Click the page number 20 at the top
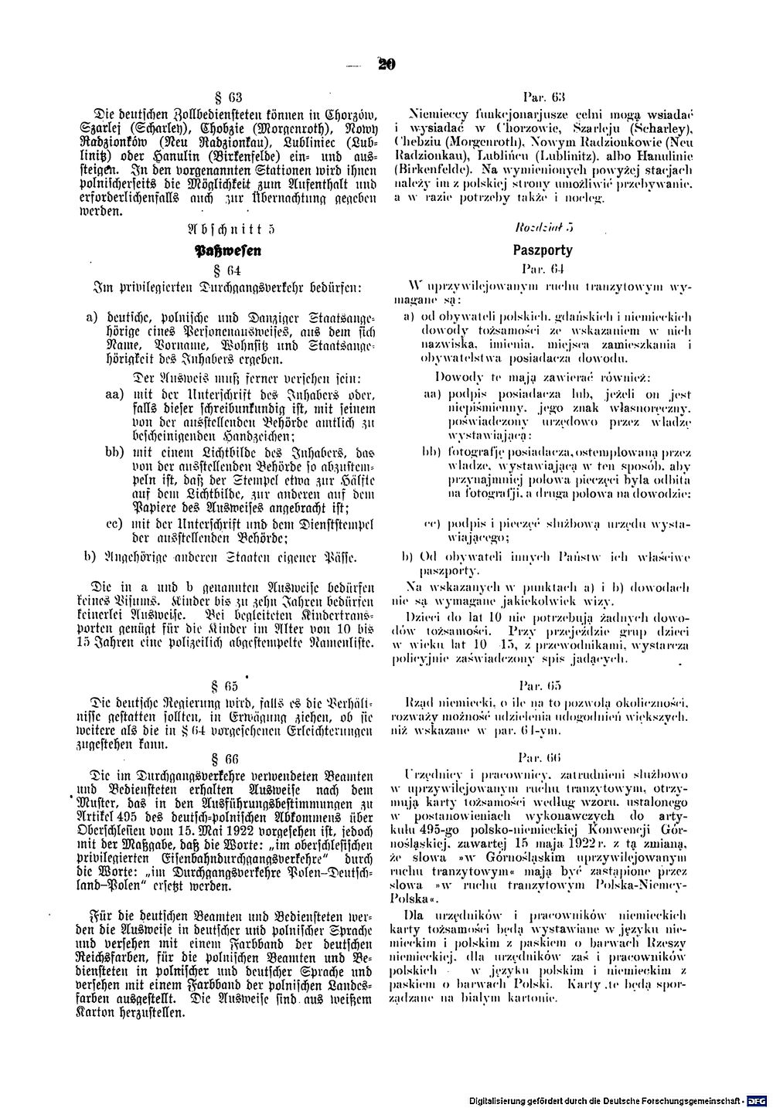(386, 66)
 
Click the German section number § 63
(230, 97)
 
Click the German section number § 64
(230, 271)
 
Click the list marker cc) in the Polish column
(431, 524)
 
